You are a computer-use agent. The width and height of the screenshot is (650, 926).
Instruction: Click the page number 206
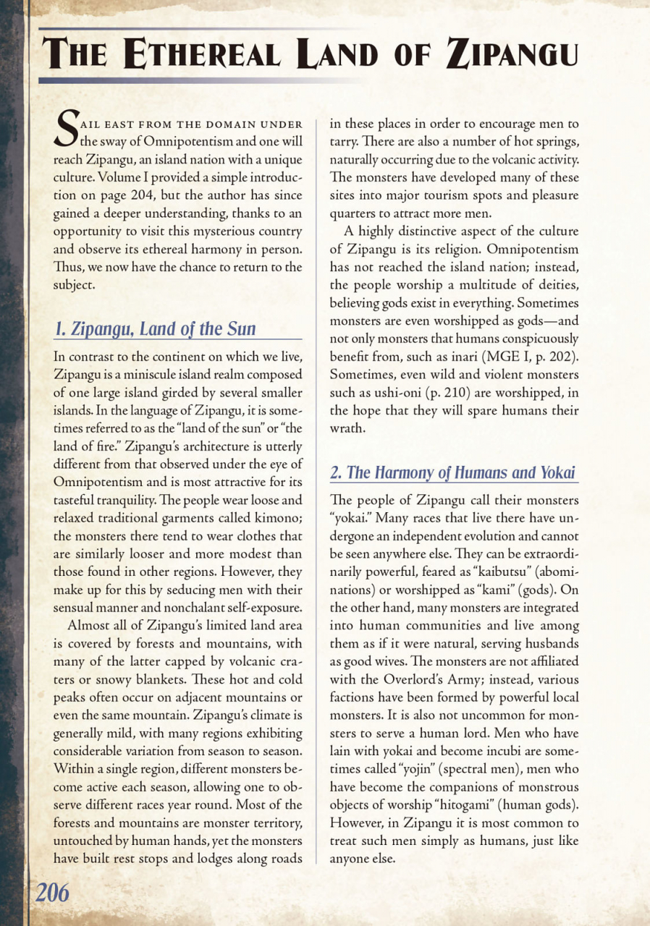(x=53, y=893)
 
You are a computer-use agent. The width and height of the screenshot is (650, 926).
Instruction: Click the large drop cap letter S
(x=67, y=126)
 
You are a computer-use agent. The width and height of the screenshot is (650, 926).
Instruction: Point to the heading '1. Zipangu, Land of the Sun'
(x=156, y=329)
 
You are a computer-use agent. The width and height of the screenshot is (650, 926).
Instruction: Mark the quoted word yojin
(x=410, y=770)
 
